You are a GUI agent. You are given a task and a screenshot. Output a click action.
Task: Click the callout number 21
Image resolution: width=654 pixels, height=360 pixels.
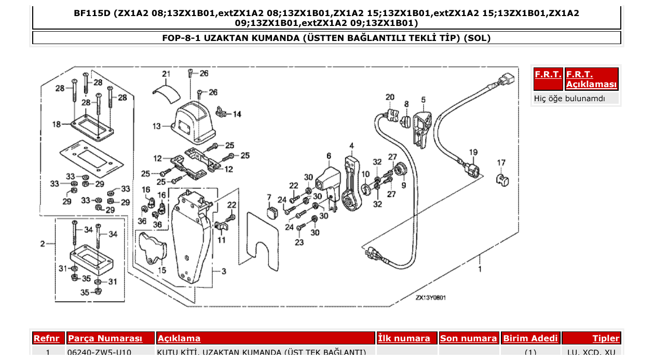click(166, 74)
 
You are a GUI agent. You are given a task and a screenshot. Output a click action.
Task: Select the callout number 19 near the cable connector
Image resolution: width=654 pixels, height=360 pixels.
click(473, 152)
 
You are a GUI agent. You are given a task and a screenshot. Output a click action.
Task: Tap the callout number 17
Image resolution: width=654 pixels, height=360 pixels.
click(501, 163)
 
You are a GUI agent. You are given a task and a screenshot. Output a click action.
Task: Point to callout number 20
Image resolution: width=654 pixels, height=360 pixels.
click(390, 97)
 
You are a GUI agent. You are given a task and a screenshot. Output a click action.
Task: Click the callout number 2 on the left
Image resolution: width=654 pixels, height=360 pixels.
click(43, 243)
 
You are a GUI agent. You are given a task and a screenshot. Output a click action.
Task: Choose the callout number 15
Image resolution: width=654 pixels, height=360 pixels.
click(162, 270)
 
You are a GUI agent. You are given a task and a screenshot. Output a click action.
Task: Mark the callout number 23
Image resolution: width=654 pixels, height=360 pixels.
click(299, 242)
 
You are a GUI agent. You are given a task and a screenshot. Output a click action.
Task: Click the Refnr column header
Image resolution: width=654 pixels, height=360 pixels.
click(49, 338)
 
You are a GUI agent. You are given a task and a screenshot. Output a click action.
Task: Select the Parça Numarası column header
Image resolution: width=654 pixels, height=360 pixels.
click(111, 338)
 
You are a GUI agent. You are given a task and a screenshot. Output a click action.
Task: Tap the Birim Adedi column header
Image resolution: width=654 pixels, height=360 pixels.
click(530, 338)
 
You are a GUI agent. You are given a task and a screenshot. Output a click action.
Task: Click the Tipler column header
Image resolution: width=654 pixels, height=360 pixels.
click(606, 338)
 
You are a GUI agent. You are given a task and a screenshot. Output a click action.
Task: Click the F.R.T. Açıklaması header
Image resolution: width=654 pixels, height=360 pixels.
click(591, 79)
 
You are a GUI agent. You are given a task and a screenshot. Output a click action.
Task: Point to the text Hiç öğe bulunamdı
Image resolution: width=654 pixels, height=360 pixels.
click(569, 98)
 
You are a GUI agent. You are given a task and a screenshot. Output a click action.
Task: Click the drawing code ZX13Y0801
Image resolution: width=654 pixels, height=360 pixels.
click(430, 298)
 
